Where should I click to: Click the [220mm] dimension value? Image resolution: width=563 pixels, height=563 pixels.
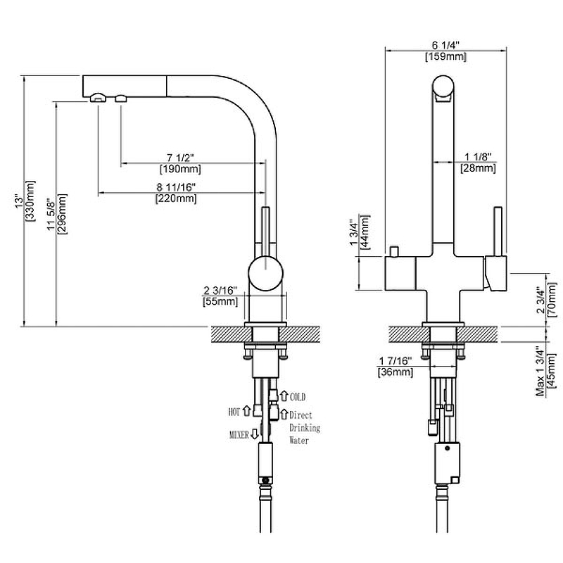click(176, 199)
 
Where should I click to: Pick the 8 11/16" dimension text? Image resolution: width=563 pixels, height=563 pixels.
click(176, 187)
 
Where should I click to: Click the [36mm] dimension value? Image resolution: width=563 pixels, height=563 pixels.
click(395, 372)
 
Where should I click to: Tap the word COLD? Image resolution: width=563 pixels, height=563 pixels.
click(298, 397)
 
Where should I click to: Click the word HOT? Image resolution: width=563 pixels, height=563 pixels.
click(234, 410)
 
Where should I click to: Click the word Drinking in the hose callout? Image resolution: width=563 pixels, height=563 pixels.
click(305, 428)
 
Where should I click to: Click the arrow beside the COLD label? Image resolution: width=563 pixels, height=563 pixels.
click(284, 396)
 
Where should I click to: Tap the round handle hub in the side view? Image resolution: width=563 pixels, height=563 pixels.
click(266, 274)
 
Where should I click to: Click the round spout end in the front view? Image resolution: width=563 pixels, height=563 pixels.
click(444, 89)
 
